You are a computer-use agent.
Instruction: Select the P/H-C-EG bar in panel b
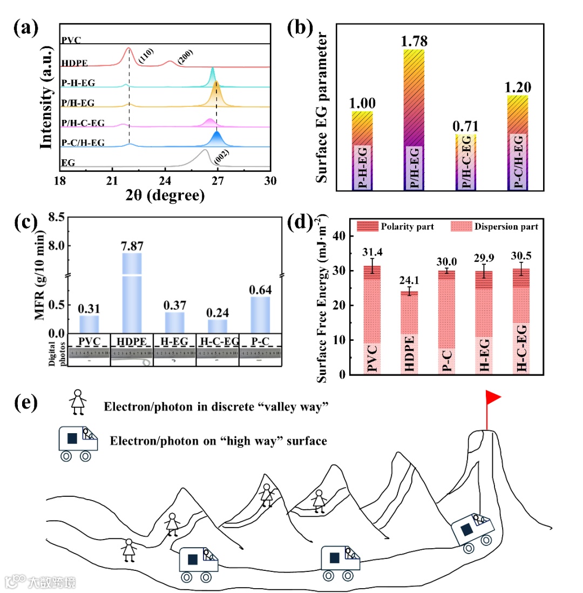point(466,162)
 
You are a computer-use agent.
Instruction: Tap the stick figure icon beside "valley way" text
point(78,402)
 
